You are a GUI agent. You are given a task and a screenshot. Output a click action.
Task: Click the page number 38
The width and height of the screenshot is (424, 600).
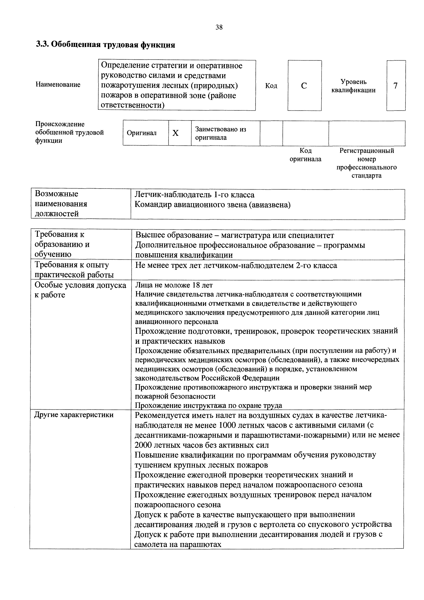219,27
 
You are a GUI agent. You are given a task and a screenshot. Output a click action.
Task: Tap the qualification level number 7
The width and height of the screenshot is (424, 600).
395,86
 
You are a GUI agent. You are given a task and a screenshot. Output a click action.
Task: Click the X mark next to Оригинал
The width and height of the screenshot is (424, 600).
176,133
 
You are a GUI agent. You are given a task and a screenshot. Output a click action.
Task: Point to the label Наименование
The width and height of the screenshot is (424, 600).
58,85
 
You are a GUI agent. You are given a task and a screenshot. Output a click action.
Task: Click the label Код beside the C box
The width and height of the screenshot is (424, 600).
271,86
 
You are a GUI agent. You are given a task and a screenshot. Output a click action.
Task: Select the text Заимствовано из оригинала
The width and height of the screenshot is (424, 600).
221,133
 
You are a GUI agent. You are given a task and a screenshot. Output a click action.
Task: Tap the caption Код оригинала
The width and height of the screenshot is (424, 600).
305,155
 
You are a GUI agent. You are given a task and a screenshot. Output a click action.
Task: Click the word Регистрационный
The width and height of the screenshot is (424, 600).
367,151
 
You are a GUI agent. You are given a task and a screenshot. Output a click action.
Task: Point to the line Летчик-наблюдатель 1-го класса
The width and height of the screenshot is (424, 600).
194,195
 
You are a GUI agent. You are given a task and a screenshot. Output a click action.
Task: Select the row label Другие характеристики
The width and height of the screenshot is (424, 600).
74,415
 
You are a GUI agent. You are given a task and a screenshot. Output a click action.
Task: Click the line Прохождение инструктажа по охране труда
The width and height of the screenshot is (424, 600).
208,405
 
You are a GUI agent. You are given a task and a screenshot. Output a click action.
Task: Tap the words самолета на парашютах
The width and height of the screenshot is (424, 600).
178,544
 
